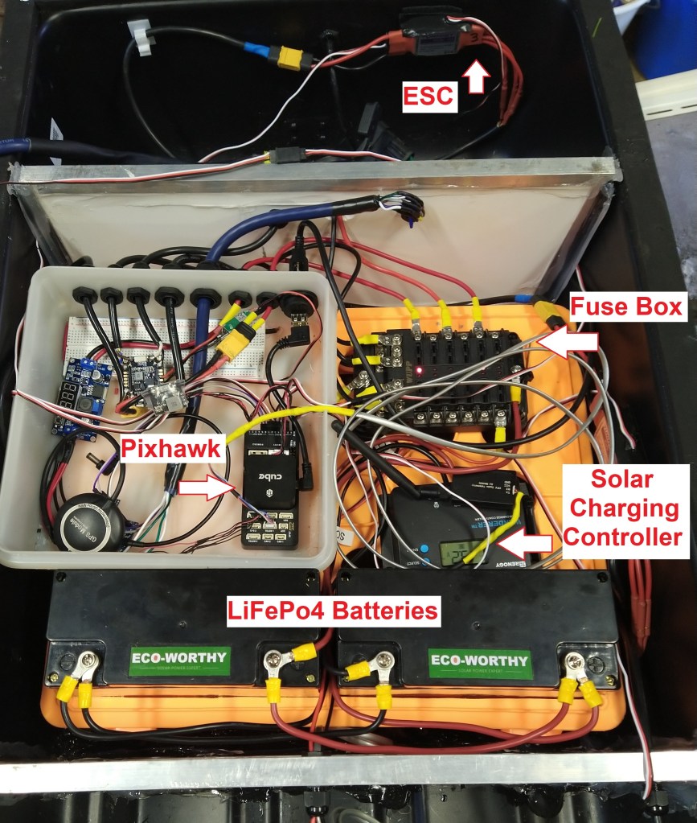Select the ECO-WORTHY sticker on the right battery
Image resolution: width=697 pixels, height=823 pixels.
[478, 661]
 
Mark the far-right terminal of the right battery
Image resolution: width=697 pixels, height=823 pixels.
[576, 665]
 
